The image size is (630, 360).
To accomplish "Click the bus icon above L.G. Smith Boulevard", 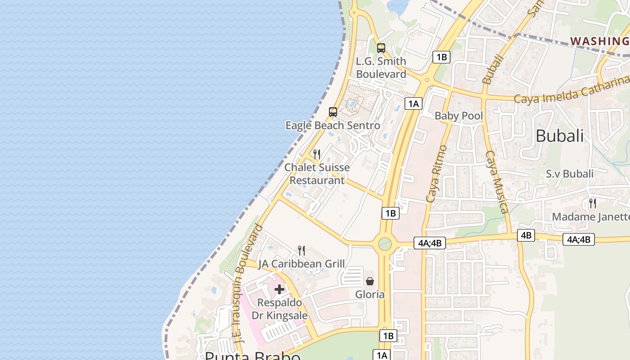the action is (x=381, y=48).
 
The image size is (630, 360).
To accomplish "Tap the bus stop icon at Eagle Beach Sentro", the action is (x=333, y=112).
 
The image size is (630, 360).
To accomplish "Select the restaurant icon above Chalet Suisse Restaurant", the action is (x=317, y=154).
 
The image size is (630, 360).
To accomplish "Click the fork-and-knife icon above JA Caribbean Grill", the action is (x=301, y=251).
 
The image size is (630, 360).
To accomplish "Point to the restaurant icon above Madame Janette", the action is (x=593, y=203).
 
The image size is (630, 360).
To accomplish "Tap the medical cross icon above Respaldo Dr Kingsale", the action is (x=279, y=289).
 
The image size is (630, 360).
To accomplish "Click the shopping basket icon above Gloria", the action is (x=370, y=281).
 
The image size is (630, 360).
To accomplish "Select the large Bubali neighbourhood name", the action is (x=559, y=136).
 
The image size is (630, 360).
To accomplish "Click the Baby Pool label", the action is (x=459, y=116).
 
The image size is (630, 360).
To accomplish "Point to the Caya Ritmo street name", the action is (x=436, y=173).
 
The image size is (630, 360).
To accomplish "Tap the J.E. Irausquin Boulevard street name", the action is (x=246, y=283).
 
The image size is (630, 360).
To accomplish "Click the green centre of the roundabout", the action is (x=384, y=244).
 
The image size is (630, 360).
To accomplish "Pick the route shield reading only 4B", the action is (x=526, y=235).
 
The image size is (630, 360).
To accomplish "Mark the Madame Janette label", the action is (x=590, y=217).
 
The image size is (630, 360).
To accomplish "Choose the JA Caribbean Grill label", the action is (x=301, y=264).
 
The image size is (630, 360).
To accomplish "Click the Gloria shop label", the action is (x=370, y=294).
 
